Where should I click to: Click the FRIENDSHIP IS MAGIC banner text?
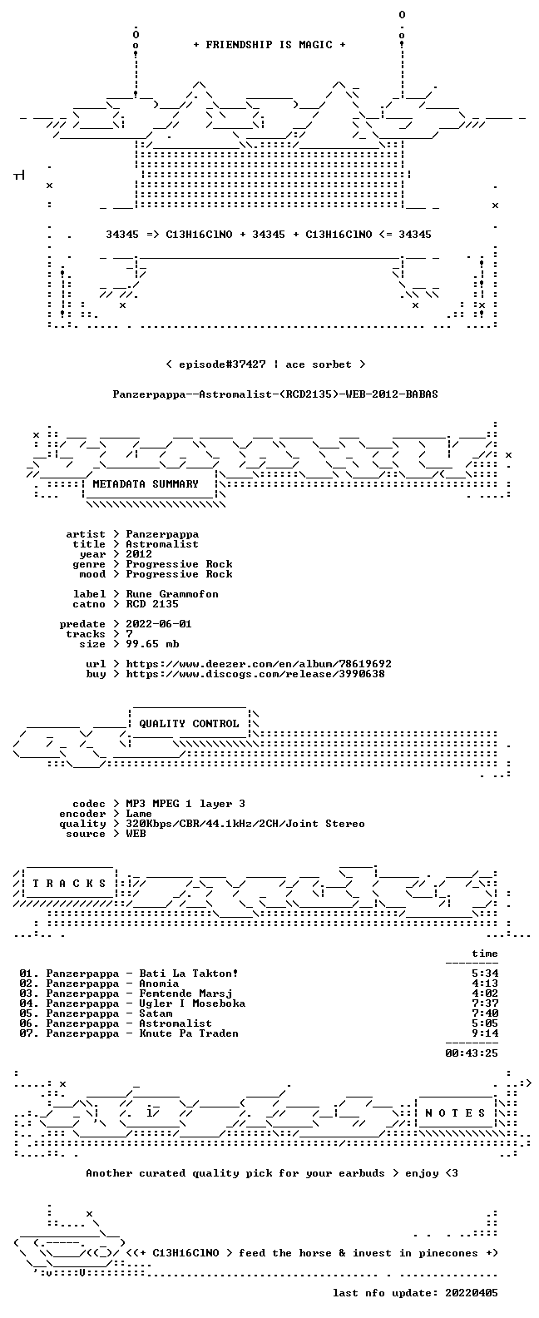[269, 45]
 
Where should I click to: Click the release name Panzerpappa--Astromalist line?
[275, 394]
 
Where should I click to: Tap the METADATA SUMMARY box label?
[146, 483]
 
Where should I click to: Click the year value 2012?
[139, 553]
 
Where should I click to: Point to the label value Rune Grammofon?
[172, 594]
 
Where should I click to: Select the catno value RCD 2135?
[152, 604]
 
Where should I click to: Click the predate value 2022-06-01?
[159, 624]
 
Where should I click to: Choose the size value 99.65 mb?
[152, 644]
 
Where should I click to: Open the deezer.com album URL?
[259, 664]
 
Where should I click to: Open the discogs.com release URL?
[255, 674]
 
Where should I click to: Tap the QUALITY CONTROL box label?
[189, 724]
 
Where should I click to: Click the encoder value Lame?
[139, 814]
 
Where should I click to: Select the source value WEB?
[136, 834]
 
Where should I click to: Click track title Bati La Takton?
[188, 974]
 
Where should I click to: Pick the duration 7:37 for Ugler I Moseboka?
[485, 1003]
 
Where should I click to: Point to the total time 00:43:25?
[472, 1053]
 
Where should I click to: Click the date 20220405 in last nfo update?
[472, 1293]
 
